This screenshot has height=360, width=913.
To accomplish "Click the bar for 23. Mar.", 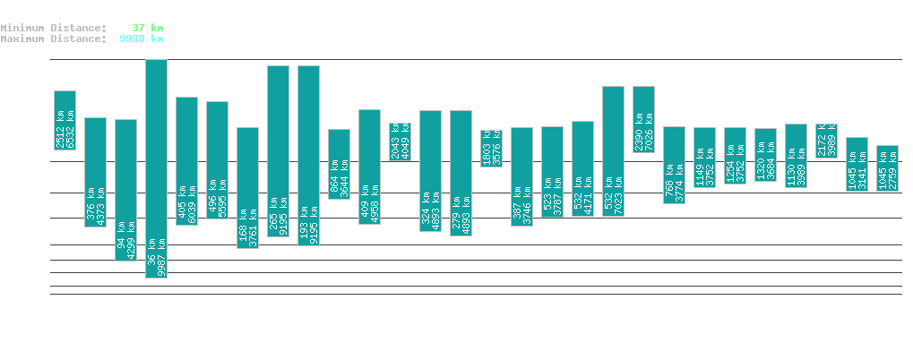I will [x=156, y=168].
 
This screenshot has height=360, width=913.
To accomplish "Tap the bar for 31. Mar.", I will [x=400, y=141].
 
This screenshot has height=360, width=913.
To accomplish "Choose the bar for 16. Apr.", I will [x=887, y=167].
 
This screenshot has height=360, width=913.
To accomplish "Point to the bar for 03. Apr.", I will [x=491, y=148].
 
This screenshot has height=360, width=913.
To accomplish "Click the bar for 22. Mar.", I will [x=125, y=190].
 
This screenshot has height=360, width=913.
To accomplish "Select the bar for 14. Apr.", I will [x=826, y=141].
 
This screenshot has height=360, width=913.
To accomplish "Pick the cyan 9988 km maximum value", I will [x=141, y=39].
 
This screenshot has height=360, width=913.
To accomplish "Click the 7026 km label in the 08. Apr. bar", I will [x=648, y=132].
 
